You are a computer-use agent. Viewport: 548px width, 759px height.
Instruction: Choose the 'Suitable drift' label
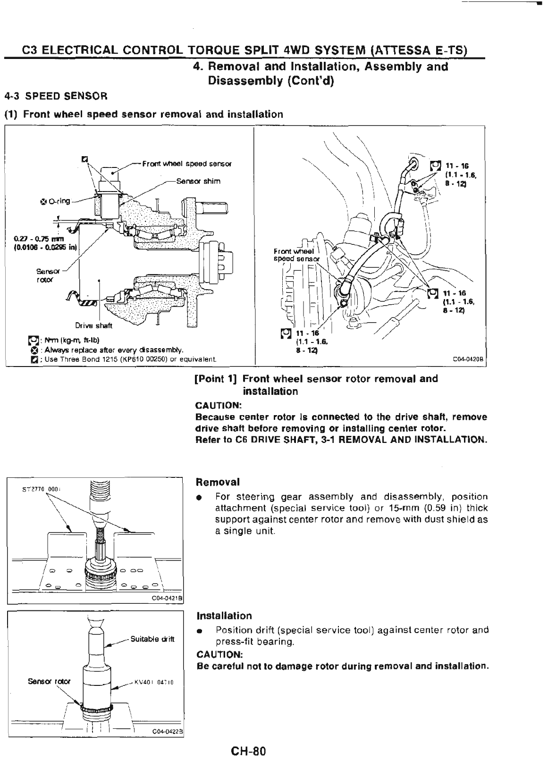click(x=152, y=639)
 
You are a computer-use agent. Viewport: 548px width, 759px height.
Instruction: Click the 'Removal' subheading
click(x=218, y=482)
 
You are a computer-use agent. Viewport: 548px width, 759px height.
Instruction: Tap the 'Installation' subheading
click(x=224, y=616)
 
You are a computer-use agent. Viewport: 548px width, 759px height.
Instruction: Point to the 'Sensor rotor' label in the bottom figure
click(x=49, y=681)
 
